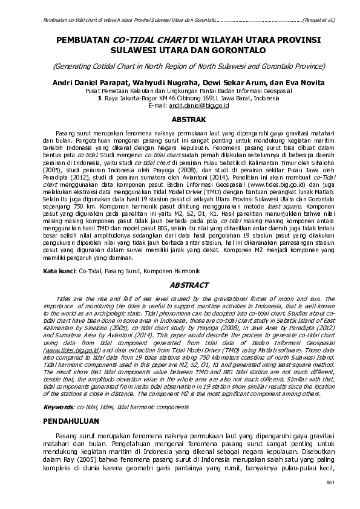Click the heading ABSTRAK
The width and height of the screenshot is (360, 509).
[x=189, y=120]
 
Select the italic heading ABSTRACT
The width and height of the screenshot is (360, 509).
[x=189, y=285]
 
